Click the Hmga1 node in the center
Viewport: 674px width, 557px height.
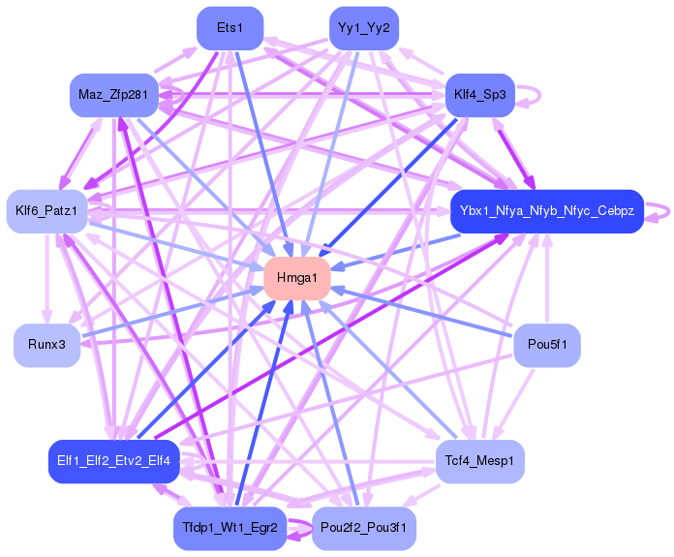pyautogui.click(x=296, y=277)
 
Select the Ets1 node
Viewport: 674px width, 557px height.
pyautogui.click(x=230, y=27)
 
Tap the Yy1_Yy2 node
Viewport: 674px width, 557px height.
pyautogui.click(x=364, y=27)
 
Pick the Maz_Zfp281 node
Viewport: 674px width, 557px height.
pyautogui.click(x=113, y=95)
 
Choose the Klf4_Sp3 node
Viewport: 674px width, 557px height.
pyautogui.click(x=480, y=95)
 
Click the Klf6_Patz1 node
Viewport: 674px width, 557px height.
pyautogui.click(x=47, y=210)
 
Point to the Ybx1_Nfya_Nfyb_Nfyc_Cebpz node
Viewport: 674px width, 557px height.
pyautogui.click(x=547, y=211)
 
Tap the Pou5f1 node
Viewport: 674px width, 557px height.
pyautogui.click(x=547, y=345)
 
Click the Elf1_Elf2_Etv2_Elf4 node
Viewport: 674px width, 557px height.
pyautogui.click(x=113, y=461)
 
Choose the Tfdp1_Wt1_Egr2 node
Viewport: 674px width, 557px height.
pyautogui.click(x=230, y=528)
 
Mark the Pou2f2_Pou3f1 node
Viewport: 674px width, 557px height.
pyautogui.click(x=364, y=528)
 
